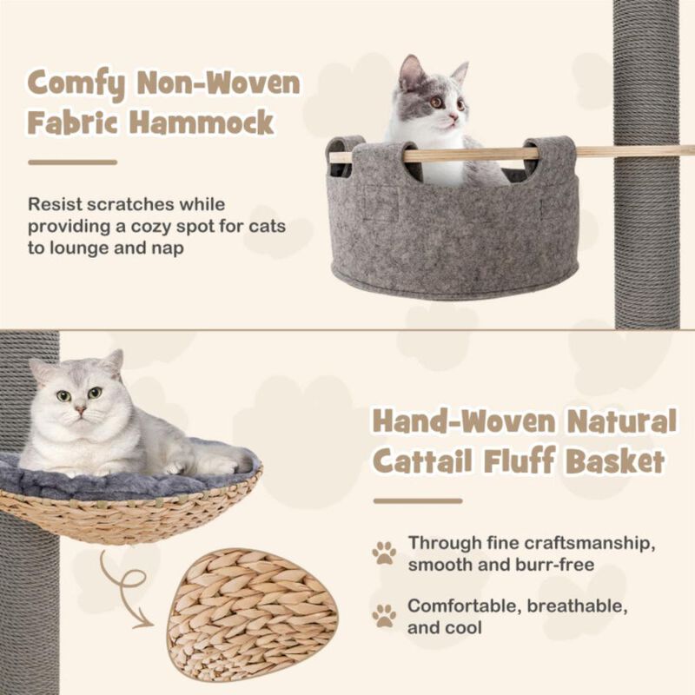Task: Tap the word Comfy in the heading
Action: [73, 83]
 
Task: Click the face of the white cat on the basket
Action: [77, 400]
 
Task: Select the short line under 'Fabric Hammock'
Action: [72, 162]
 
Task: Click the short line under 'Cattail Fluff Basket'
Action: [418, 501]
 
